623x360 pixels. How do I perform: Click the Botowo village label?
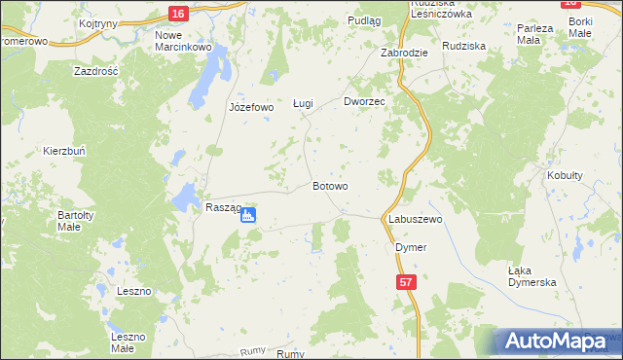(331, 185)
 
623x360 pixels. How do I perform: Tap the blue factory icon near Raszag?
(248, 215)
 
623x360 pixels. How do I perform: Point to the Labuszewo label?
(416, 220)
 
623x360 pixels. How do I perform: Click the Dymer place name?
(411, 247)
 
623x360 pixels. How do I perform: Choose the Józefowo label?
(251, 107)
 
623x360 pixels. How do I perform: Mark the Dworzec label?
(365, 101)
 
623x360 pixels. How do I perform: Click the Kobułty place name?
(565, 175)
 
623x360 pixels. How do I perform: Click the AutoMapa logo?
(556, 341)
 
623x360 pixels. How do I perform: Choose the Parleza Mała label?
(535, 34)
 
